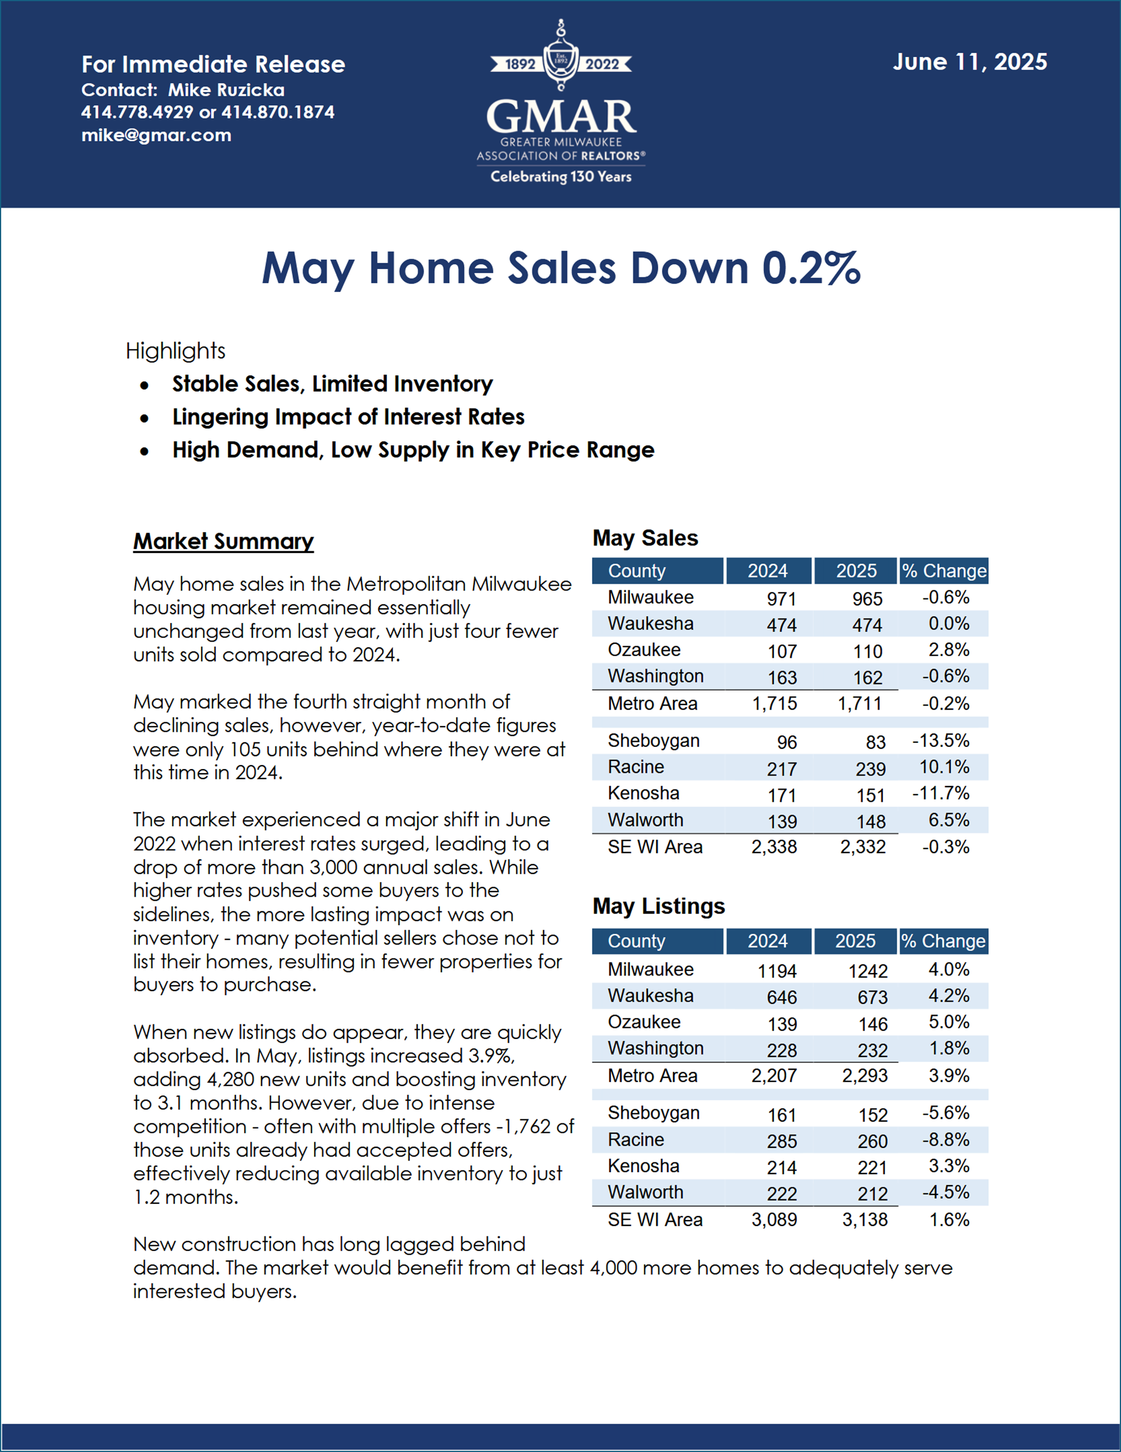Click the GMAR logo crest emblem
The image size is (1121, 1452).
point(561,56)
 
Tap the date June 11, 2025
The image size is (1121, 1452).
point(970,62)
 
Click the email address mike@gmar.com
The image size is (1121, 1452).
point(156,135)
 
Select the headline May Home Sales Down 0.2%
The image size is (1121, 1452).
point(561,269)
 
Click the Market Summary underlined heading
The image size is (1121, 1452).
point(223,541)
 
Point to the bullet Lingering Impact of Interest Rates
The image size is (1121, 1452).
point(348,417)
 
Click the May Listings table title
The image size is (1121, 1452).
point(658,906)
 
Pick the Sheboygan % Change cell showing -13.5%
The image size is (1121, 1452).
point(941,741)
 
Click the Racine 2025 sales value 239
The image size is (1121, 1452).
point(870,769)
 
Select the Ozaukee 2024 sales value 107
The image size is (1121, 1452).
point(782,651)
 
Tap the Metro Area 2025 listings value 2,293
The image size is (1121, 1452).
point(865,1076)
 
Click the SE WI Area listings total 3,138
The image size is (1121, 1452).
point(865,1220)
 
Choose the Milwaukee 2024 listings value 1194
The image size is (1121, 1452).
point(777,971)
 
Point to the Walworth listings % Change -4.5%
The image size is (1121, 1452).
point(946,1192)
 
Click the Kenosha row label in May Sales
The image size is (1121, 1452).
point(644,793)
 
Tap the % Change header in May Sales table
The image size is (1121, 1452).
point(944,571)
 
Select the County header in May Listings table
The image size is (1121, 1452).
point(636,942)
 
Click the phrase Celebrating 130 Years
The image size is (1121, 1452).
point(561,177)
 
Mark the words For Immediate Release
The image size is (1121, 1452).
point(213,65)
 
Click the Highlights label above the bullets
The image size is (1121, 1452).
point(175,351)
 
